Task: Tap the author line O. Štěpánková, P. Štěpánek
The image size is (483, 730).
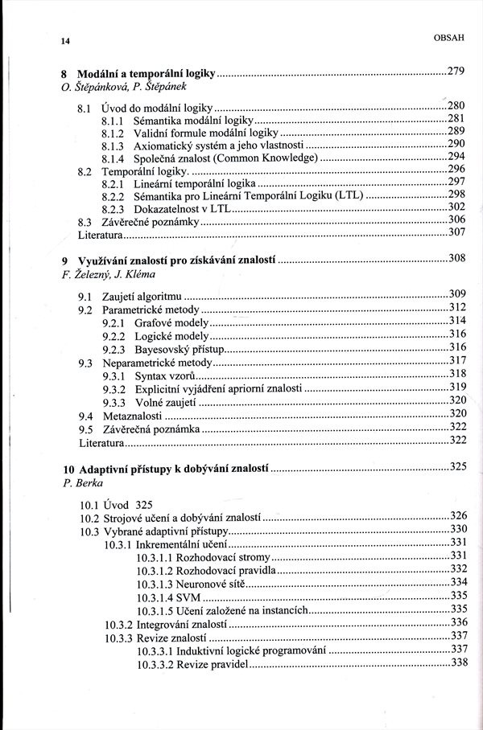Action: coord(121,87)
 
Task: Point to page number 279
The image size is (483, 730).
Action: coord(456,72)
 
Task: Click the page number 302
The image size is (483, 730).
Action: coord(456,207)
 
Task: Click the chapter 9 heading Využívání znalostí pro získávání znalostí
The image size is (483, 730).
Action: coord(176,261)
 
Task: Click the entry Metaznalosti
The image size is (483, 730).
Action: coord(133,416)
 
